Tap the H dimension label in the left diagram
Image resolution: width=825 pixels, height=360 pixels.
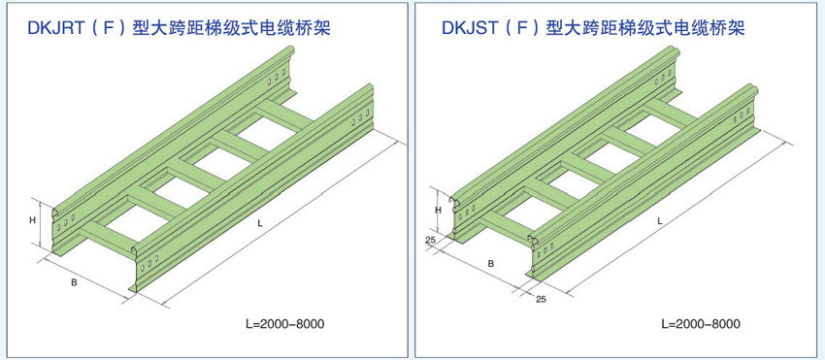tap(32, 221)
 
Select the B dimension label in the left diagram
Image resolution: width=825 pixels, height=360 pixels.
tap(74, 283)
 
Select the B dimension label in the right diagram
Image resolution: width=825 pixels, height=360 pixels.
tap(490, 263)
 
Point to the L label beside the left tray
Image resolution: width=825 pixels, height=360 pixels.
tap(259, 223)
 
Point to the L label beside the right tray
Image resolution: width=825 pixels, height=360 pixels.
tap(658, 220)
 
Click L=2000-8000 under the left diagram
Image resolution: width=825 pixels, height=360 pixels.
tap(284, 323)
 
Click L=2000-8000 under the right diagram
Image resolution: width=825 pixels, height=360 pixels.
tap(701, 323)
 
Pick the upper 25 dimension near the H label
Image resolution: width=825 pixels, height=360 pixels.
tap(429, 240)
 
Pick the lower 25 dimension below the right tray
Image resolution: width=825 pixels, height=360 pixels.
tap(541, 300)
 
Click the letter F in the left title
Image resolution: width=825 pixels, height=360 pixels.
tap(108, 28)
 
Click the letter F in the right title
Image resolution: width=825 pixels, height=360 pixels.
tap(521, 28)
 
